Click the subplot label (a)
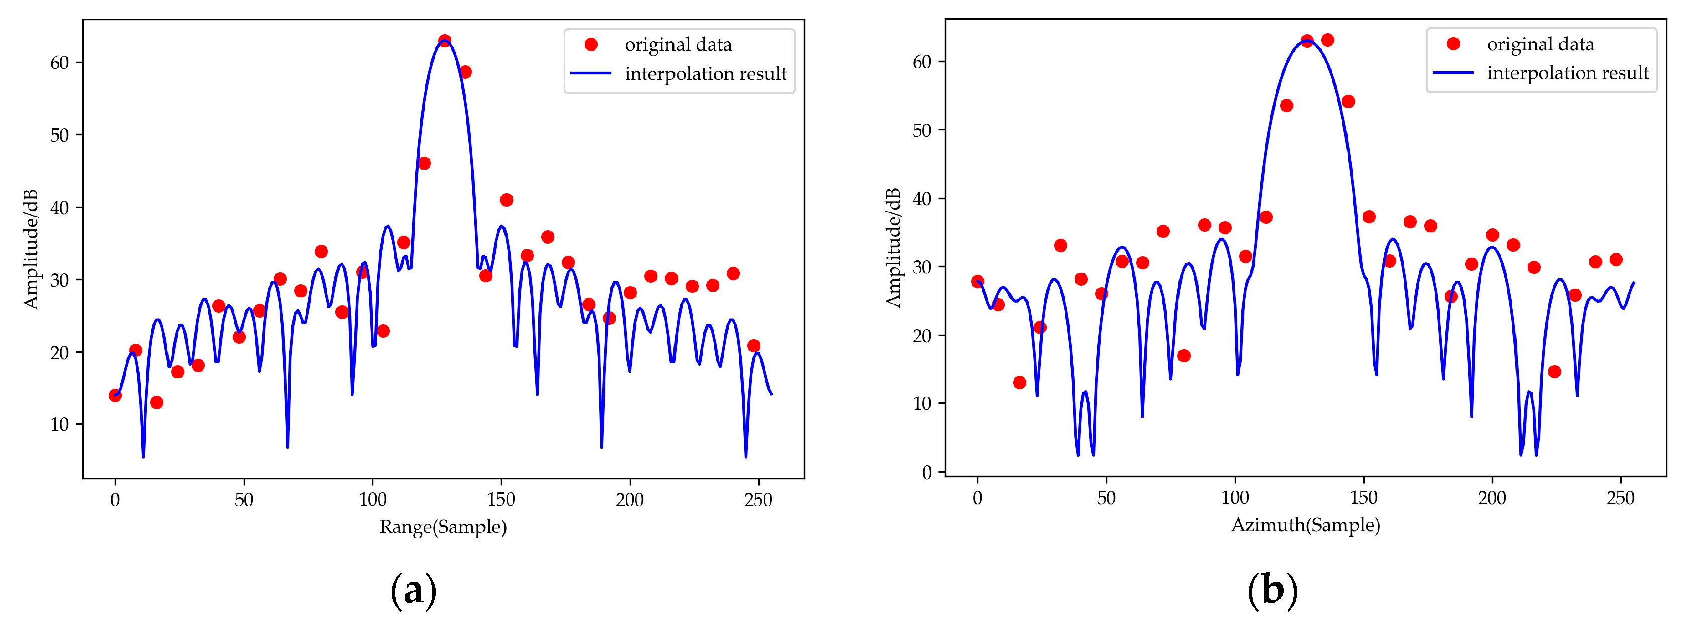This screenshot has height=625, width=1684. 413,590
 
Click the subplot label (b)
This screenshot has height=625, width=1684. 1272,590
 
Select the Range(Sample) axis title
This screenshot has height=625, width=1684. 443,527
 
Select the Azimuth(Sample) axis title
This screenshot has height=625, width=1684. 1305,525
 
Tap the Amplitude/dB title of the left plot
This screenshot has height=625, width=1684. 31,249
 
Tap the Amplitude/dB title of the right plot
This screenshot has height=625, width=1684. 893,248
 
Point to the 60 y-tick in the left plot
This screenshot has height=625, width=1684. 60,63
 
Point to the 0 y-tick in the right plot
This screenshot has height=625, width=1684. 927,472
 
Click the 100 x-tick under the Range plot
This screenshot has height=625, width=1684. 373,500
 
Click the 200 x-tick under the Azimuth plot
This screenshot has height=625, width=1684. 1492,498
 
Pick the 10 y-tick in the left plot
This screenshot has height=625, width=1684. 60,425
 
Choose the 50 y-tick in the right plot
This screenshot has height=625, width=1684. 922,130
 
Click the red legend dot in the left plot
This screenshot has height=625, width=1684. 591,45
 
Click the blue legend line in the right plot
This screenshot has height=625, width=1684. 1453,73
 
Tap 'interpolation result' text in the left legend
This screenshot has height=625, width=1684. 706,74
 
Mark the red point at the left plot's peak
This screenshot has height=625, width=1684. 444,41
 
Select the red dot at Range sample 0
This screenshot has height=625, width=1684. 115,396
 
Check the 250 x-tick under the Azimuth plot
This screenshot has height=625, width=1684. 1621,498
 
